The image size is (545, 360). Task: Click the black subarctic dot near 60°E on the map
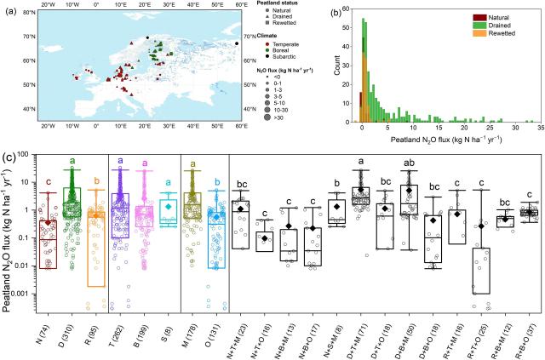(236, 43)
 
